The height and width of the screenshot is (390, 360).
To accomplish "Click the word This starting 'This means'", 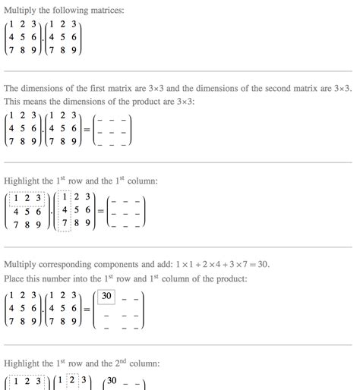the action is coord(14,102).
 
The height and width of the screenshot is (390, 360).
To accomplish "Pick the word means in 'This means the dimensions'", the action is coord(41,102).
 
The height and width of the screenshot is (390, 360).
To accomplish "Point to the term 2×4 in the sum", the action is coord(209,265).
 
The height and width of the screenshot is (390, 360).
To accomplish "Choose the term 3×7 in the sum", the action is coord(234,265).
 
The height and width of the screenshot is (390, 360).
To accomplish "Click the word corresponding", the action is coord(75,265).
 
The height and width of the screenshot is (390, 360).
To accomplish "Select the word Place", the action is coord(17,279).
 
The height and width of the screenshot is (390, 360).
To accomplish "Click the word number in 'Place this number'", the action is coord(65,279).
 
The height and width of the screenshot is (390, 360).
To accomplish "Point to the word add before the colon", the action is coord(166,265).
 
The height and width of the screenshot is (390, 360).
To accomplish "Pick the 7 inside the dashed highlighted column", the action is coord(64,223).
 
